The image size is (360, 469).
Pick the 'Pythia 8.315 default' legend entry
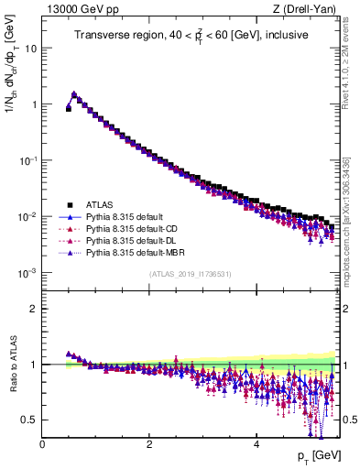point(128,216)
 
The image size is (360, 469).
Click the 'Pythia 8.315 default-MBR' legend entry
point(138,252)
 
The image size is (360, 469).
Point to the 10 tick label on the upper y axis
point(30,48)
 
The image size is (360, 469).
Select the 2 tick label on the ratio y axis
point(33,309)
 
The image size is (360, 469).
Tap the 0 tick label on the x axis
point(42,443)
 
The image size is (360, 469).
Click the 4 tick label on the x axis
point(256,443)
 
